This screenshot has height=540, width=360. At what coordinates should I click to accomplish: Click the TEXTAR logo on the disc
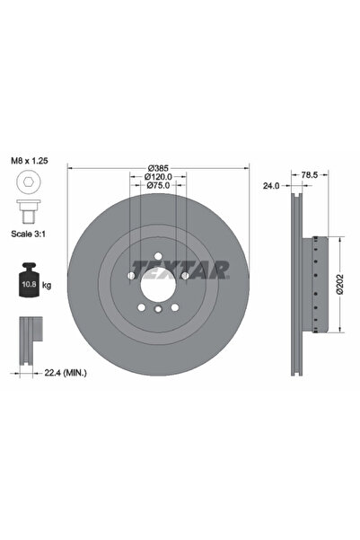coord(180,268)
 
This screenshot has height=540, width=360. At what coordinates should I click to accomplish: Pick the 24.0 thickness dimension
coord(269,186)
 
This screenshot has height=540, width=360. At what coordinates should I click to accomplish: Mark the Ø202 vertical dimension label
coord(338,285)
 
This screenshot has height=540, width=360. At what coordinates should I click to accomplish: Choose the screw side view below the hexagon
coord(27,211)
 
